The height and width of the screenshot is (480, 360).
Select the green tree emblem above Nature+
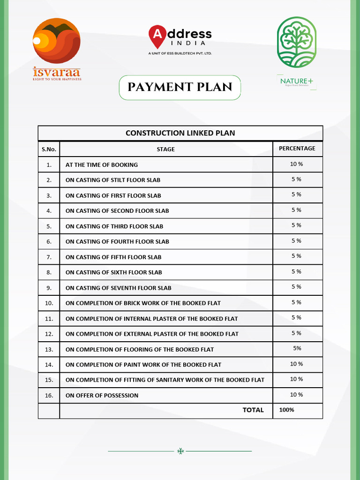click(296, 42)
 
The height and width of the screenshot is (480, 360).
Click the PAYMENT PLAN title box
click(180, 87)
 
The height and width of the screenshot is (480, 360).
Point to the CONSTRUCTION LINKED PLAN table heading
click(180, 133)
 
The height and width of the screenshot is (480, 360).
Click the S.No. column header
click(49, 149)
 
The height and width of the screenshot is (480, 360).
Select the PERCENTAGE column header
click(297, 148)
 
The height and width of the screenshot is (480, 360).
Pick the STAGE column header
click(166, 149)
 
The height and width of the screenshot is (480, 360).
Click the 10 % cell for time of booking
click(296, 164)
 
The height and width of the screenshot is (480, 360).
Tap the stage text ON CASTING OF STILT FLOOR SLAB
click(113, 180)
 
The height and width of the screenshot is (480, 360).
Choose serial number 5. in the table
click(49, 226)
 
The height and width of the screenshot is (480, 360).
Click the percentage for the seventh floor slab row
click(296, 287)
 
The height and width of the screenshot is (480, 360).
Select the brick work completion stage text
click(143, 303)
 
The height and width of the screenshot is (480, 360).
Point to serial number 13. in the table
click(49, 349)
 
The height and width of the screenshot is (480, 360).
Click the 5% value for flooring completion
click(297, 348)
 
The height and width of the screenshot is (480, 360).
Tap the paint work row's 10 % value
click(296, 364)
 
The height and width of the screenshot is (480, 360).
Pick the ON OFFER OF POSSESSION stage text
click(102, 396)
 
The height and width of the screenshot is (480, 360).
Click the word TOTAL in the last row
click(253, 410)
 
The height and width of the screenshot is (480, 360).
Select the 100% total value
click(286, 410)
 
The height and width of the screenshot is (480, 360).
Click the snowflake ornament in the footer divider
click(180, 451)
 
